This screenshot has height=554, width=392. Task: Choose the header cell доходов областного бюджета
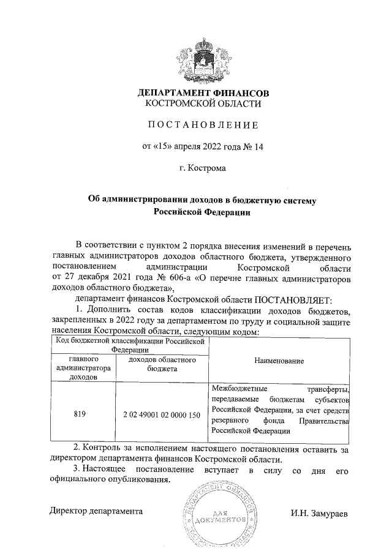tap(162, 365)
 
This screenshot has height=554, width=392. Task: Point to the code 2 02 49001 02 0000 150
tap(162, 414)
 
